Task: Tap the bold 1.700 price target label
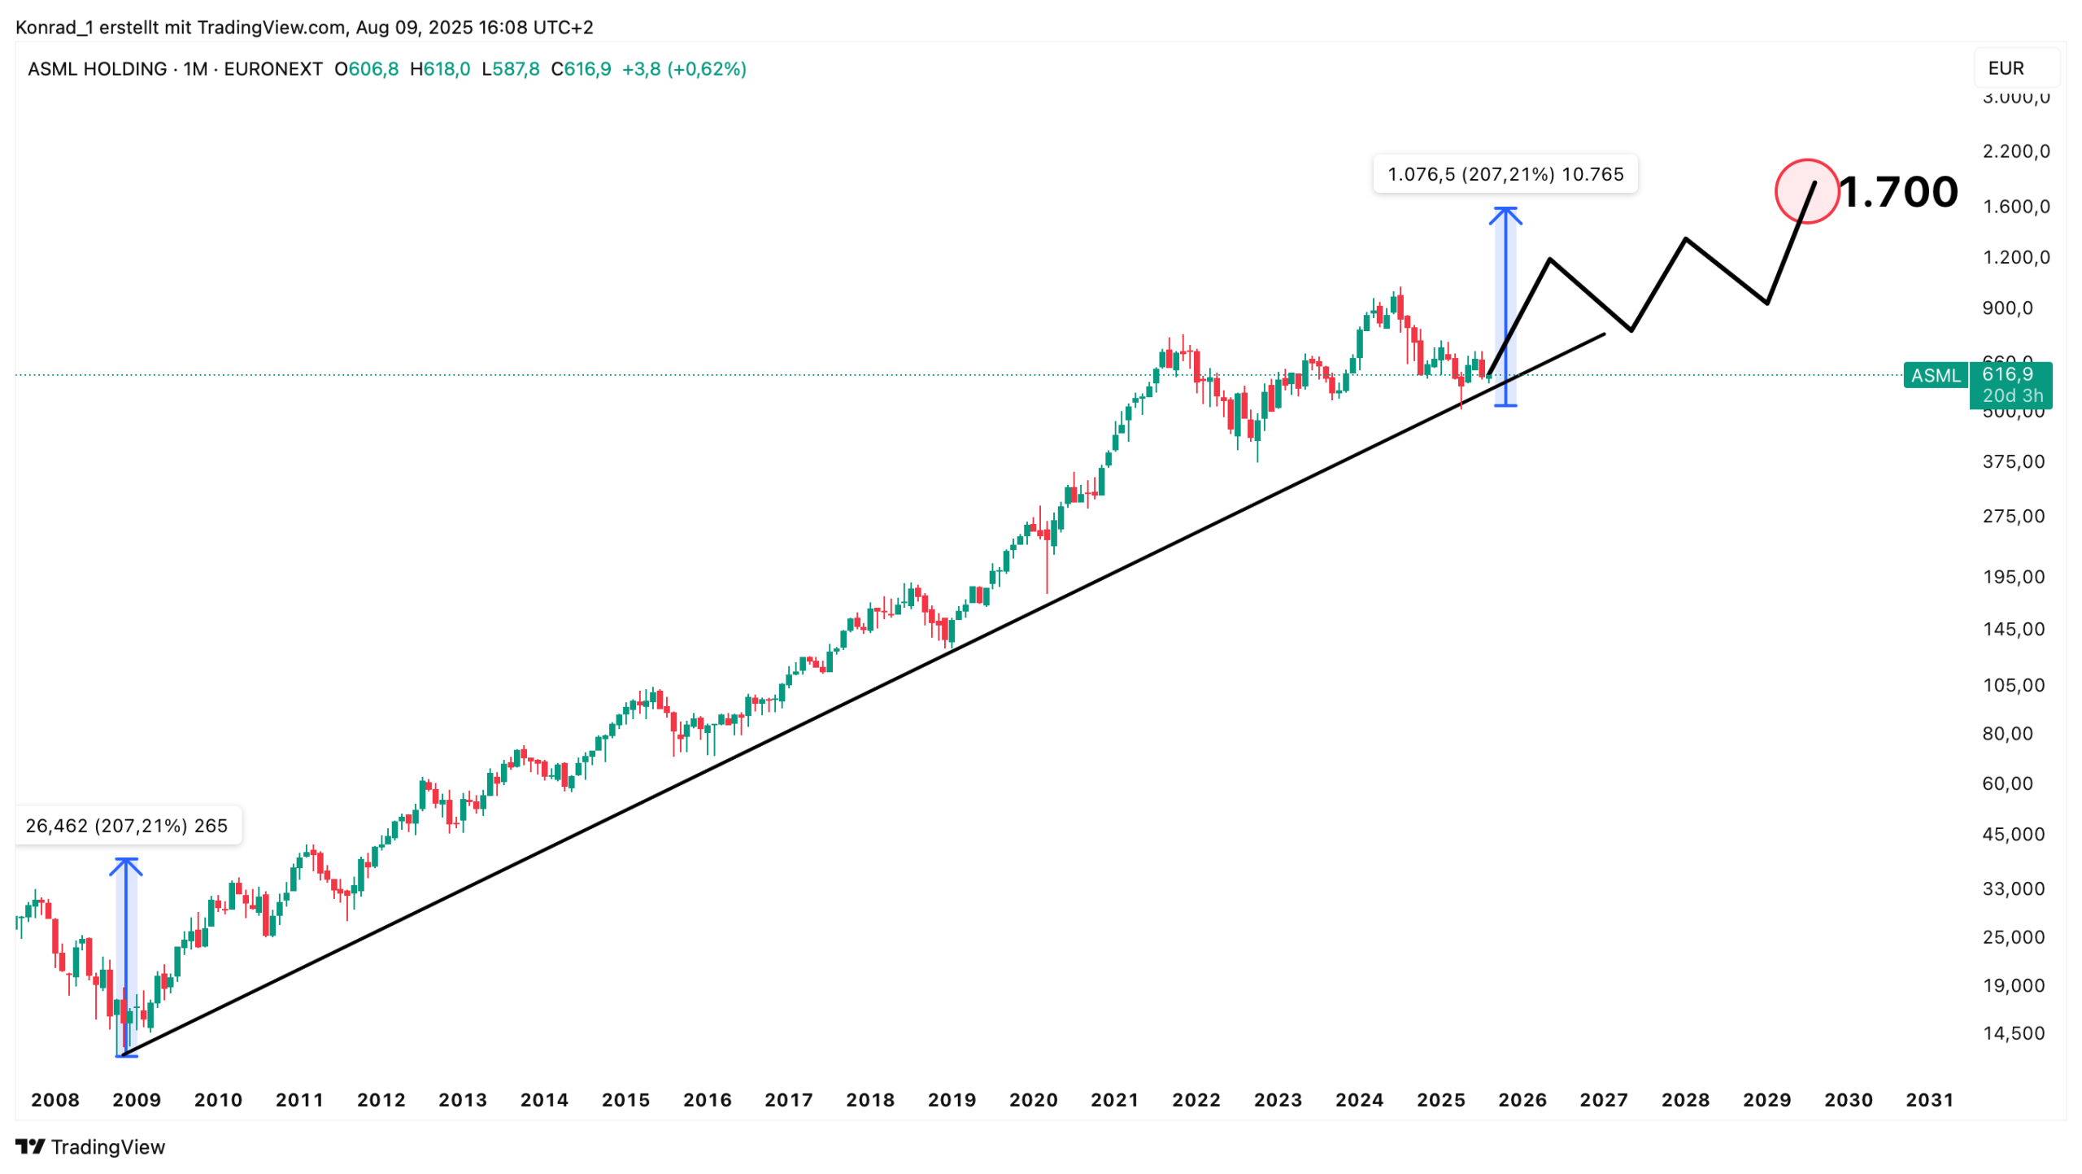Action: tap(1897, 193)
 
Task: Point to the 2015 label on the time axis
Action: tap(625, 1100)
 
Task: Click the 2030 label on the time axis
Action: tap(1847, 1100)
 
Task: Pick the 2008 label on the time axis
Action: tap(55, 1100)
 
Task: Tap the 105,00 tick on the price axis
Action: tap(2012, 685)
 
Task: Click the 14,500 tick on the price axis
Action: tap(2012, 1033)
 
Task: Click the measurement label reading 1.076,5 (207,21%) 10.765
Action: tap(1504, 174)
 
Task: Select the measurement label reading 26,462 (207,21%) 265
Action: tap(127, 826)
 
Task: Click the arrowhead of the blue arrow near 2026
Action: tap(1505, 212)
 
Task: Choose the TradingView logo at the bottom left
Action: tap(89, 1146)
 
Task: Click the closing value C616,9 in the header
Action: tap(581, 69)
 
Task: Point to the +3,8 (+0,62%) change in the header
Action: tap(683, 69)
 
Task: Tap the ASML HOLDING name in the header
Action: tap(97, 69)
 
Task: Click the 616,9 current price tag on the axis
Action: tap(2007, 375)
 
